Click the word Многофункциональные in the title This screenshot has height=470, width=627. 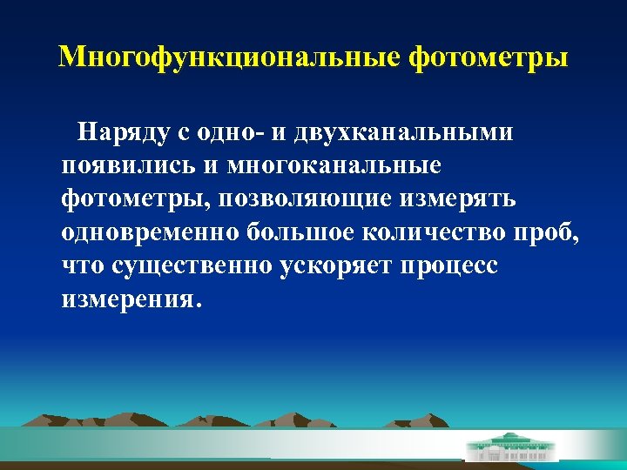(x=229, y=57)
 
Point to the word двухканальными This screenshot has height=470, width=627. (x=404, y=132)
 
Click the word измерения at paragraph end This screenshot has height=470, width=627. (x=127, y=298)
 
